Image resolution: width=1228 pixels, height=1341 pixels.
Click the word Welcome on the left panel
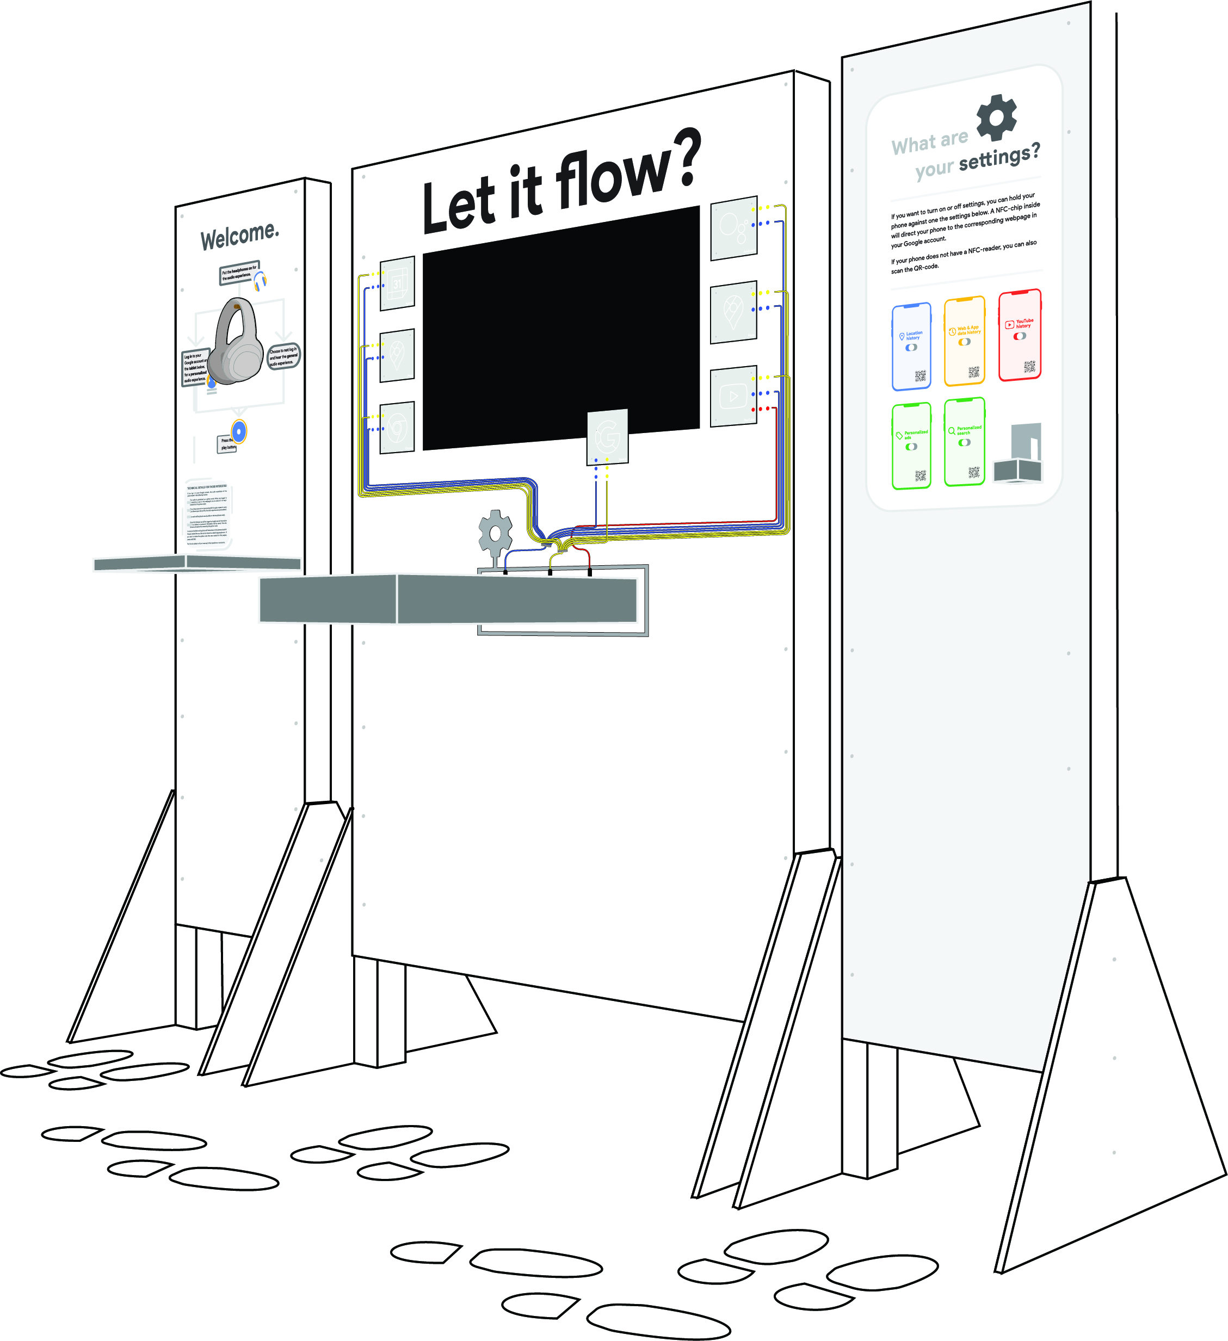tap(239, 236)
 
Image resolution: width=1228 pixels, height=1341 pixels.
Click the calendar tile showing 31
tap(397, 283)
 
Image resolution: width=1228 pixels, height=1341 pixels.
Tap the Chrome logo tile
tap(397, 428)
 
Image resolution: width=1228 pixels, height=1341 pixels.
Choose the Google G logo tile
tap(607, 437)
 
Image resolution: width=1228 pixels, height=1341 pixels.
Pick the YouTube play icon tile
tap(733, 396)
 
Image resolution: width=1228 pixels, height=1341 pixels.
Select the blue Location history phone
tap(911, 346)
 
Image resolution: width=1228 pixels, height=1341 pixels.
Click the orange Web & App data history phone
tap(964, 341)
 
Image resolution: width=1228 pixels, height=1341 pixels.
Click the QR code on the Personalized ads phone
tap(920, 475)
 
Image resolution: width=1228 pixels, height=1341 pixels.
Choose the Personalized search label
tap(968, 430)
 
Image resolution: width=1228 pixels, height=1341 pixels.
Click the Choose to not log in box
tap(283, 356)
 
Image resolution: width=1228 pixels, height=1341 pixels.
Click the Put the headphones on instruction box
tap(239, 272)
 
